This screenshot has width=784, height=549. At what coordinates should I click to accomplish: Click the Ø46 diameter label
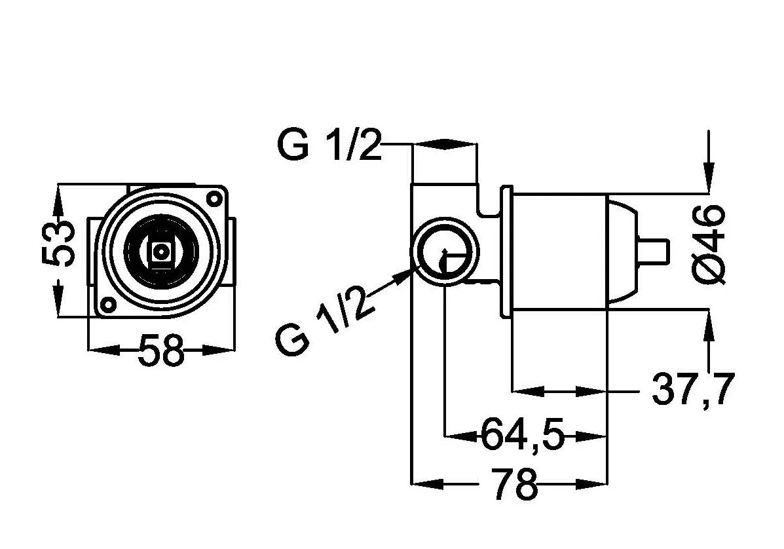(709, 244)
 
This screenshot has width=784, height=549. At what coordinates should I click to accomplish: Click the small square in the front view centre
(160, 251)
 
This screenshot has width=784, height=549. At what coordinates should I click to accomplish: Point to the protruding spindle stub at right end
(656, 252)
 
